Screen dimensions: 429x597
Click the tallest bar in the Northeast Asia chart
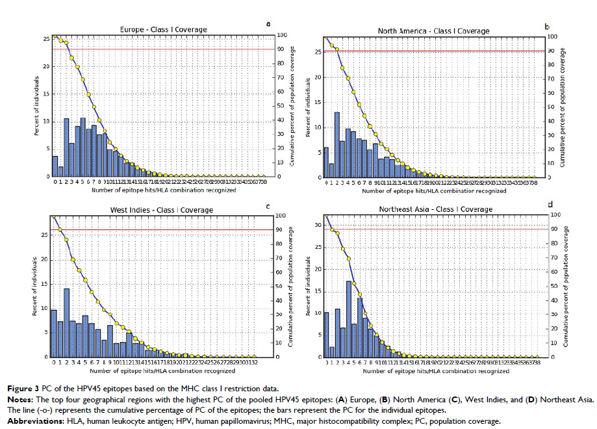[348, 318]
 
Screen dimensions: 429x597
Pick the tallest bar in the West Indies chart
[66, 322]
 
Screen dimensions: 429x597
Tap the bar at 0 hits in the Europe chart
[55, 166]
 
